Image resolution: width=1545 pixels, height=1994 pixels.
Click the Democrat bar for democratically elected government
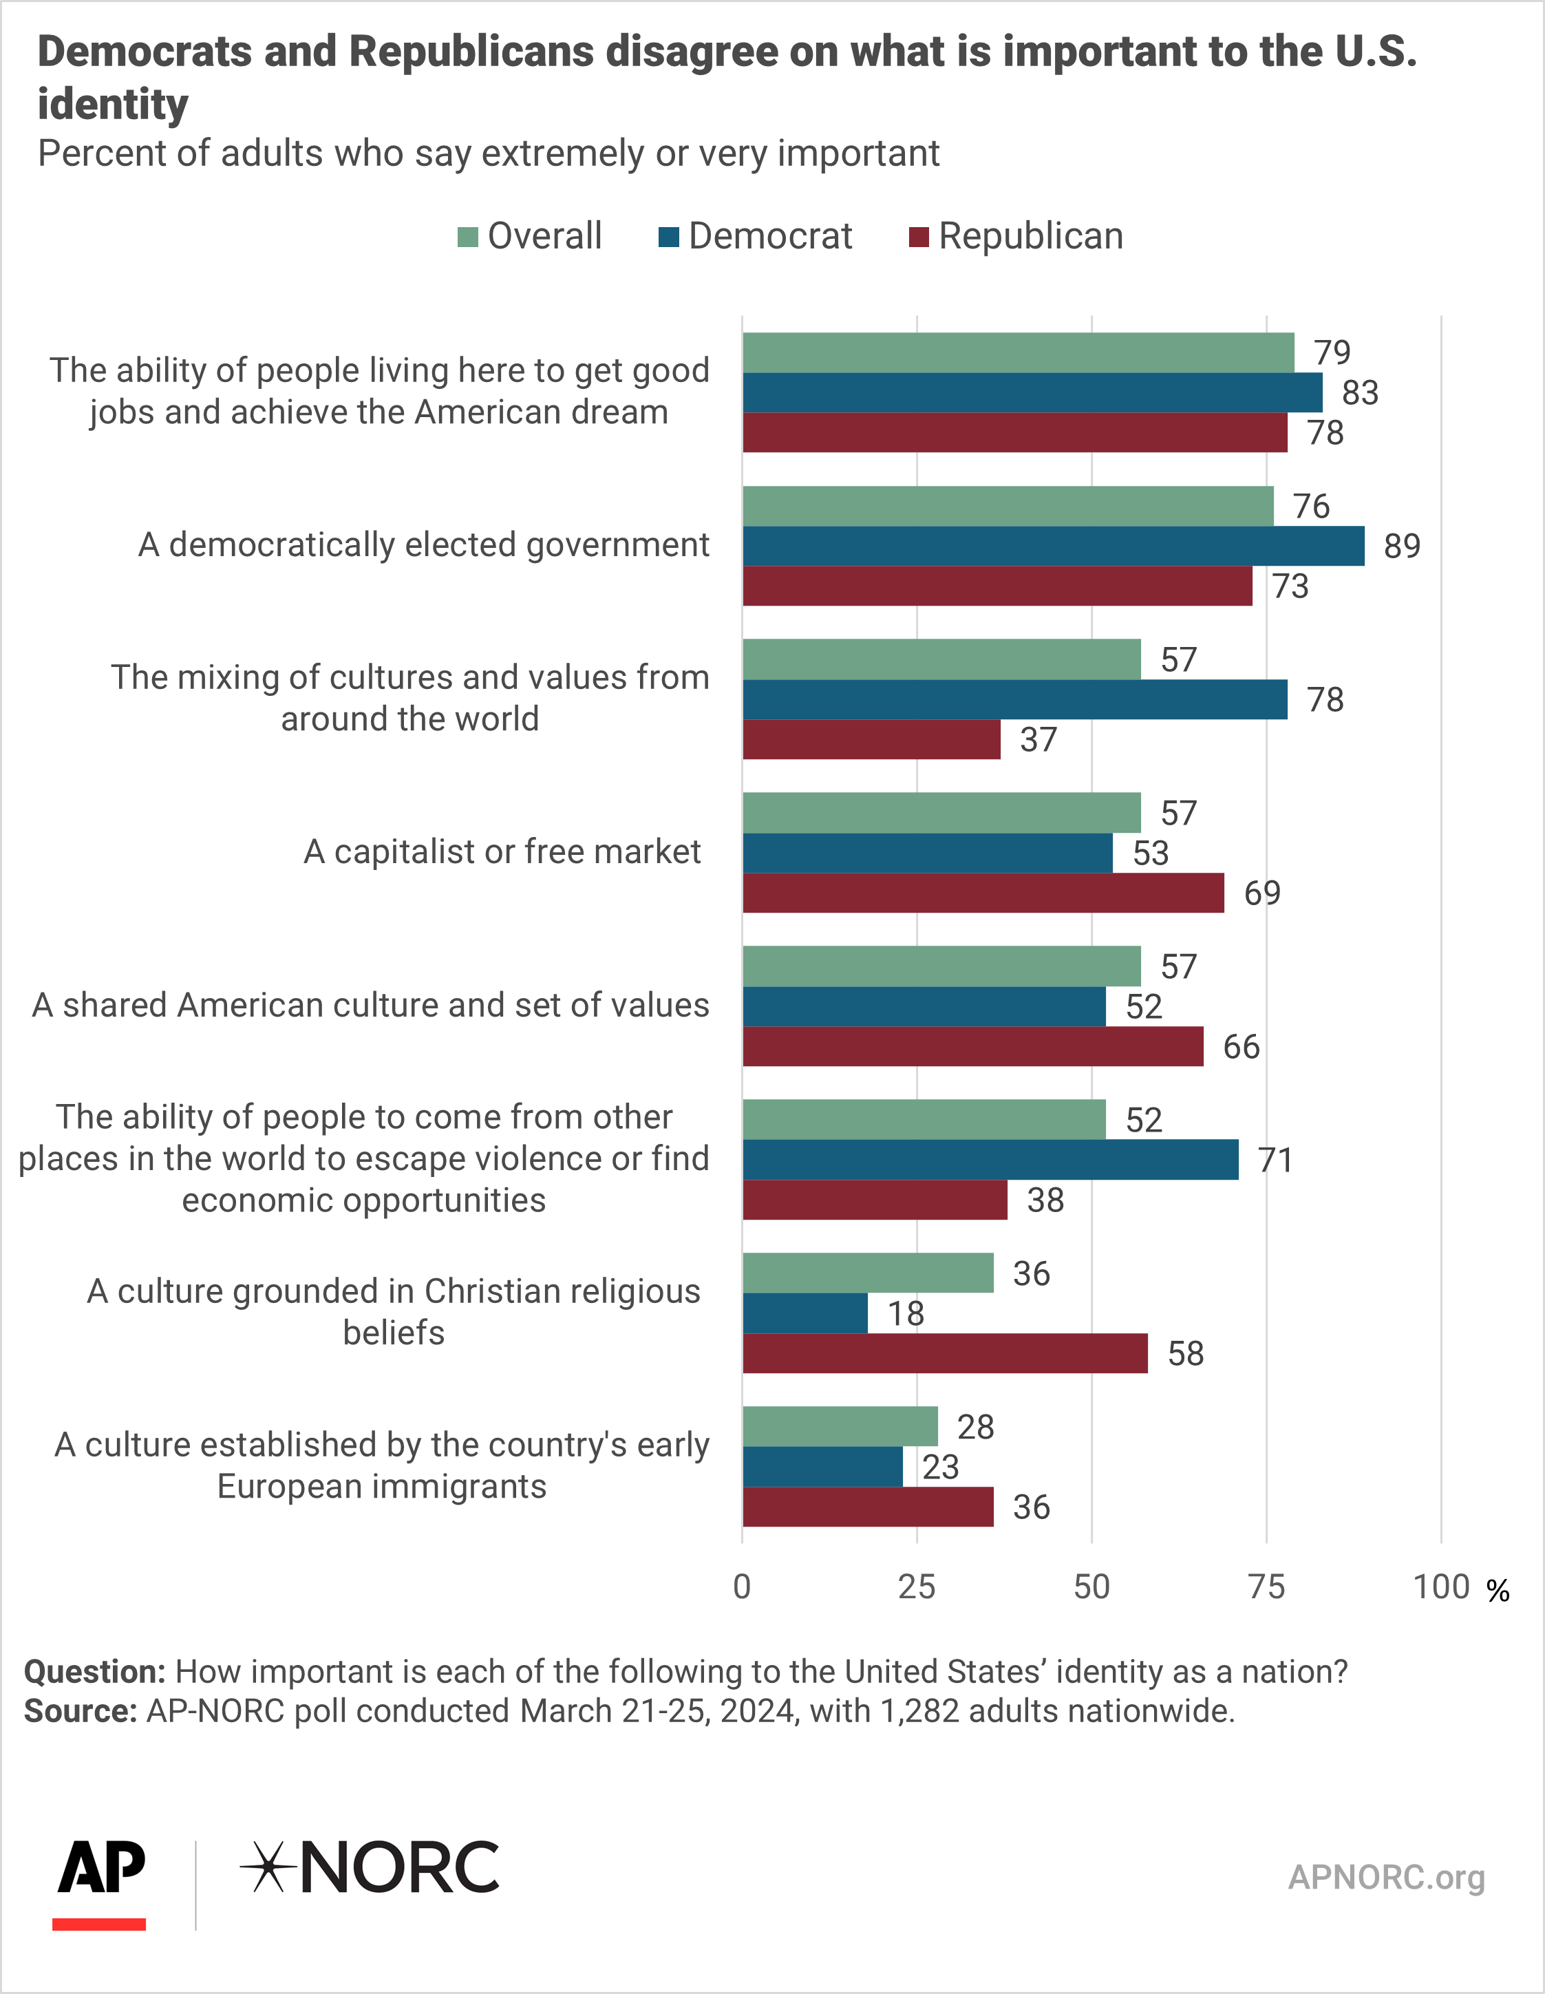1053,546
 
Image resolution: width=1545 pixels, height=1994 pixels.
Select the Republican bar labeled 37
871,739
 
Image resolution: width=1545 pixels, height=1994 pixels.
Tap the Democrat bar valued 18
805,1313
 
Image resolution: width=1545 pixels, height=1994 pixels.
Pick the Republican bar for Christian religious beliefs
945,1353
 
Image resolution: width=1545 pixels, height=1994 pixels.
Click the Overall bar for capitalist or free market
941,813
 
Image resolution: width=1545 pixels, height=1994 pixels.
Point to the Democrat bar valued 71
991,1160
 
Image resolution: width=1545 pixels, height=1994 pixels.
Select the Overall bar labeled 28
840,1426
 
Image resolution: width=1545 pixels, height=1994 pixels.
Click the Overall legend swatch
467,237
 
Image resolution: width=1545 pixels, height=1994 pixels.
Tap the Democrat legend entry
755,237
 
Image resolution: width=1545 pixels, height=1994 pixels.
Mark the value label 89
1403,546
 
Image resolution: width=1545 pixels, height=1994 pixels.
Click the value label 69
1262,893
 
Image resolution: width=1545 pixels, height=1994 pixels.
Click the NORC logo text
370,1868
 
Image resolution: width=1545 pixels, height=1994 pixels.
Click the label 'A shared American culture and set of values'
371,1005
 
